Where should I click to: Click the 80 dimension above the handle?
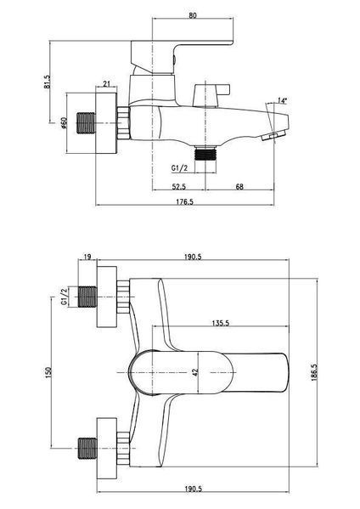(x=193, y=15)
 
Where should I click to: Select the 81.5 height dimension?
(x=48, y=82)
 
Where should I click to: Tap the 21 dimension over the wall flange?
(x=106, y=84)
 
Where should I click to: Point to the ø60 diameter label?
(x=64, y=122)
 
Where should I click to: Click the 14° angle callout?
(x=282, y=100)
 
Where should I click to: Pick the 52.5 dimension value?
(x=178, y=187)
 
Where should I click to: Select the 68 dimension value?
(x=239, y=187)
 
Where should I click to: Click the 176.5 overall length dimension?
(x=184, y=201)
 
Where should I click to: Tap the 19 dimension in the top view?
(x=87, y=257)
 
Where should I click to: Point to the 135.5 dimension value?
(x=221, y=323)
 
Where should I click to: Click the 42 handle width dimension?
(x=195, y=372)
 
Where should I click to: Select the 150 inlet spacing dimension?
(x=48, y=372)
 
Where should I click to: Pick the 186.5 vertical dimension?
(x=314, y=372)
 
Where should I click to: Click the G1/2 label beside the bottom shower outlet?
(x=179, y=168)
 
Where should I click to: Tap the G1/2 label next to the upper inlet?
(x=64, y=297)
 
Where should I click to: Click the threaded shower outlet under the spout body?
(x=205, y=154)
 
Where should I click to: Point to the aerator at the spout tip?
(x=273, y=135)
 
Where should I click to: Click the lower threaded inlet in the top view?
(x=87, y=449)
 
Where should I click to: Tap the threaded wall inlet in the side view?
(x=86, y=123)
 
